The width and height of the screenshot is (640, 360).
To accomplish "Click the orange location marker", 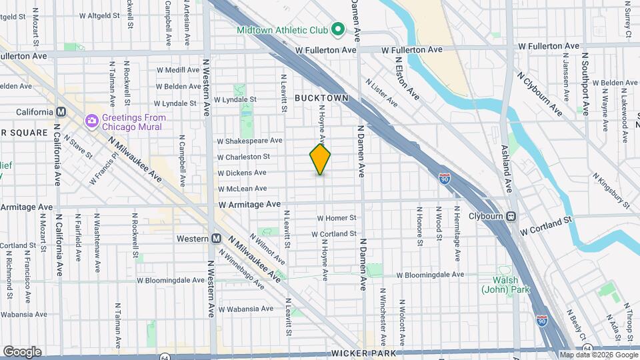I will (x=320, y=159).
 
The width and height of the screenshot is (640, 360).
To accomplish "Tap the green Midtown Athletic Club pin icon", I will (x=338, y=29).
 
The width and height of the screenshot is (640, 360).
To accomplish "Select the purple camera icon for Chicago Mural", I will (x=91, y=121).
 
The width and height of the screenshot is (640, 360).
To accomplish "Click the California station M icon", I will (x=61, y=112).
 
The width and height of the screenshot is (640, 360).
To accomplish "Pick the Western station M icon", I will (x=216, y=238).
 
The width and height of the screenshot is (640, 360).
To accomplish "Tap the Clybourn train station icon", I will (x=511, y=215).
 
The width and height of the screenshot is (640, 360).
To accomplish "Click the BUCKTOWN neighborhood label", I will (x=321, y=97).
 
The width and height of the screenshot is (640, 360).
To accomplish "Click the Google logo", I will (x=21, y=351).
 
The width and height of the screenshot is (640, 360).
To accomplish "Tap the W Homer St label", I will (x=337, y=217).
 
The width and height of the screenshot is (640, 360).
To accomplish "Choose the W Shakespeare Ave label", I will (x=249, y=141).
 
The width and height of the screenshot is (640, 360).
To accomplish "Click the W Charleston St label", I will (x=243, y=157).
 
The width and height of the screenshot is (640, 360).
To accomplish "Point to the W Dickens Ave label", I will (x=242, y=173).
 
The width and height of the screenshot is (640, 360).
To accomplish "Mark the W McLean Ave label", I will (x=241, y=189).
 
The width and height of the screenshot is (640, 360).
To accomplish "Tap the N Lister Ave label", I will (x=381, y=92).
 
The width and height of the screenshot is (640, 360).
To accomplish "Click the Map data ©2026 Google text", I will (x=599, y=355).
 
